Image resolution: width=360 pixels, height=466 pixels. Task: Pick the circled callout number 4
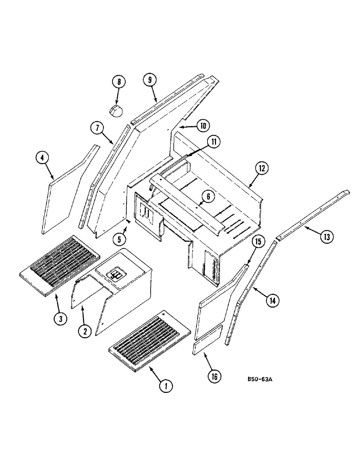click(42, 158)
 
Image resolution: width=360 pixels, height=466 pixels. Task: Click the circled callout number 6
click(208, 196)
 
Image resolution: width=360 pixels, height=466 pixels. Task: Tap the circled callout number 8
click(118, 82)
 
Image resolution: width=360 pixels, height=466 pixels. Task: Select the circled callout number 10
click(203, 125)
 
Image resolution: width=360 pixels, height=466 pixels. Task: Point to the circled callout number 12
click(262, 168)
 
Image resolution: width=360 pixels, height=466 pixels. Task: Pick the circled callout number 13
click(326, 237)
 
